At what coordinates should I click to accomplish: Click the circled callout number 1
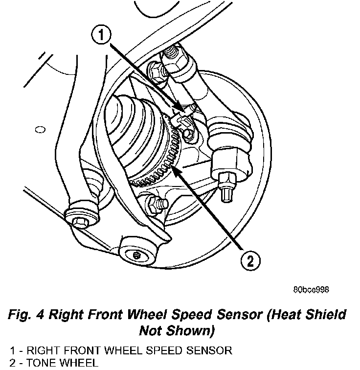click(100, 36)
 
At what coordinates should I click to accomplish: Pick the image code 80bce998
click(311, 289)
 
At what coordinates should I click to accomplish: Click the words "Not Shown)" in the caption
click(177, 331)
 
